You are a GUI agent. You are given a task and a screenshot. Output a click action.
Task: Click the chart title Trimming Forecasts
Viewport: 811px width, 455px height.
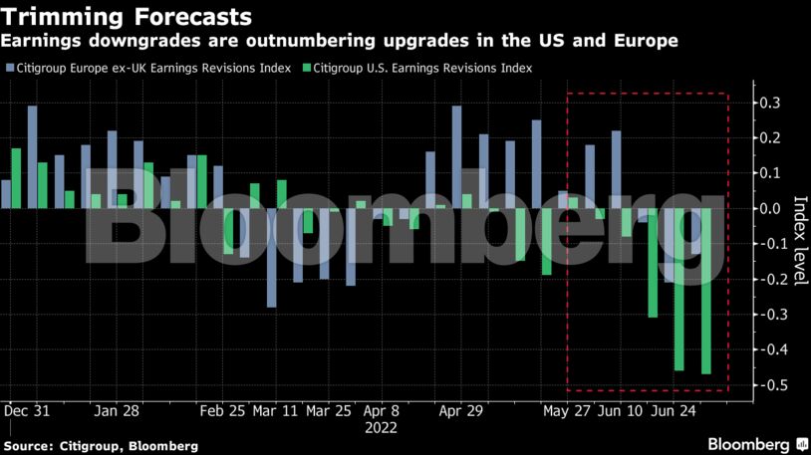tap(126, 17)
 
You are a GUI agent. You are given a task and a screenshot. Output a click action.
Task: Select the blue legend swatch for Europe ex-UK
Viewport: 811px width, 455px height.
tap(10, 69)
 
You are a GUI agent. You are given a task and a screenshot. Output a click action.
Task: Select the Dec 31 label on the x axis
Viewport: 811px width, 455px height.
tap(27, 410)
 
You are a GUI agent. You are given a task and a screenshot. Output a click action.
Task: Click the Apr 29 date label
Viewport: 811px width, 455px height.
tap(460, 410)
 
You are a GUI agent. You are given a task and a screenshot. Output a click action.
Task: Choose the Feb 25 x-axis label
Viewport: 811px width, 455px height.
tap(222, 410)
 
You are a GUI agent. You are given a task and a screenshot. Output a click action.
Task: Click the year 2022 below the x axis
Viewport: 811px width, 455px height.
tap(382, 428)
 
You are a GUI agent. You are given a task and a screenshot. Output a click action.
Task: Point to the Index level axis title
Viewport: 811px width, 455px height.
tap(798, 240)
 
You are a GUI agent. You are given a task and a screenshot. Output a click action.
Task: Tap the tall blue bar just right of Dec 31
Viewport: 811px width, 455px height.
tap(32, 156)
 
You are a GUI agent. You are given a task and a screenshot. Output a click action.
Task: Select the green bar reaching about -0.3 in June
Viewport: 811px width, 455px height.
tap(653, 263)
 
